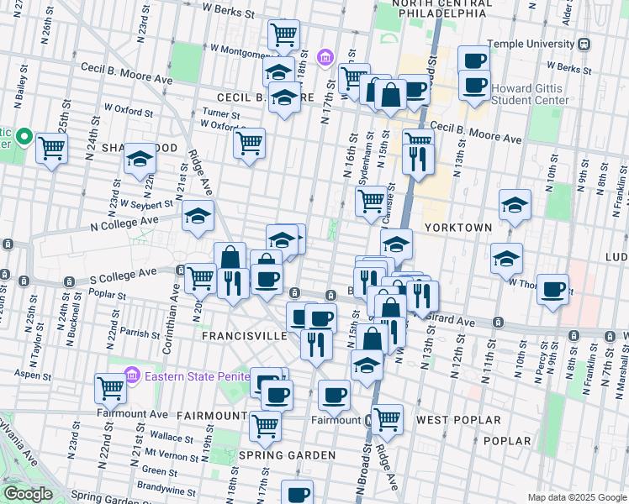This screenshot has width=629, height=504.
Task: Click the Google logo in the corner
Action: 28,494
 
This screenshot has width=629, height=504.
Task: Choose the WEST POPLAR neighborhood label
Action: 458,420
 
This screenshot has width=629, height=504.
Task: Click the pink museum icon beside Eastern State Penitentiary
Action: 132,374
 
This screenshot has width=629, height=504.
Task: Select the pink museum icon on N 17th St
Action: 325,58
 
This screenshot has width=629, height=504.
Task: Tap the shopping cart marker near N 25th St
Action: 52,149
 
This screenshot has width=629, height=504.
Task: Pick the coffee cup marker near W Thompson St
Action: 552,288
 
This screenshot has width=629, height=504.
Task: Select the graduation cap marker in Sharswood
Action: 140,158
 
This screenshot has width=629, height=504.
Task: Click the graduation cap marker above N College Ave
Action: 198,217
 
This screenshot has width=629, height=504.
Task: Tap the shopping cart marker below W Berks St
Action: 283,34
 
